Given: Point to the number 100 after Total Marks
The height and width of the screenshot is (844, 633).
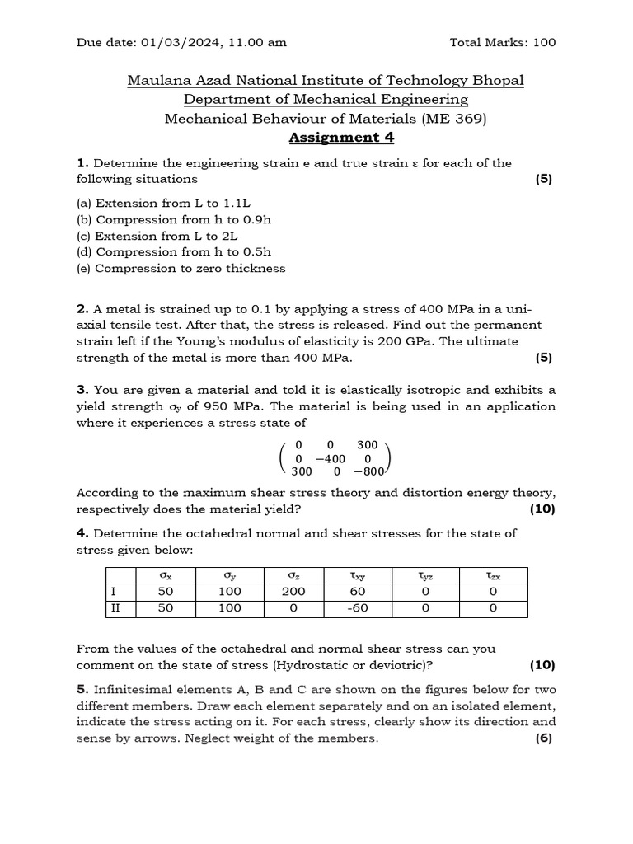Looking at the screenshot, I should point(544,42).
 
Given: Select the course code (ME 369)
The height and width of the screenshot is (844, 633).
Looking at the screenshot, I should point(454,119).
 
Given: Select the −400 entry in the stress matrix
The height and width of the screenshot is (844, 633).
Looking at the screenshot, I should point(331,458).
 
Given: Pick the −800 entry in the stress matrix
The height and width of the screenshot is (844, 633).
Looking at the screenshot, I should point(368,472).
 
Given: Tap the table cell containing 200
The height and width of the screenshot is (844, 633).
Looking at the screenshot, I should point(293,592).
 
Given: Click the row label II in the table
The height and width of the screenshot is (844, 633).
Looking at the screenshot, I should point(116,608).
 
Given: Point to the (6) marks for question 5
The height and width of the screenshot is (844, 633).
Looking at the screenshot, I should point(543,738).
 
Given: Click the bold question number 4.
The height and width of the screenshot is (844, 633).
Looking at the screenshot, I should point(82,533).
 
